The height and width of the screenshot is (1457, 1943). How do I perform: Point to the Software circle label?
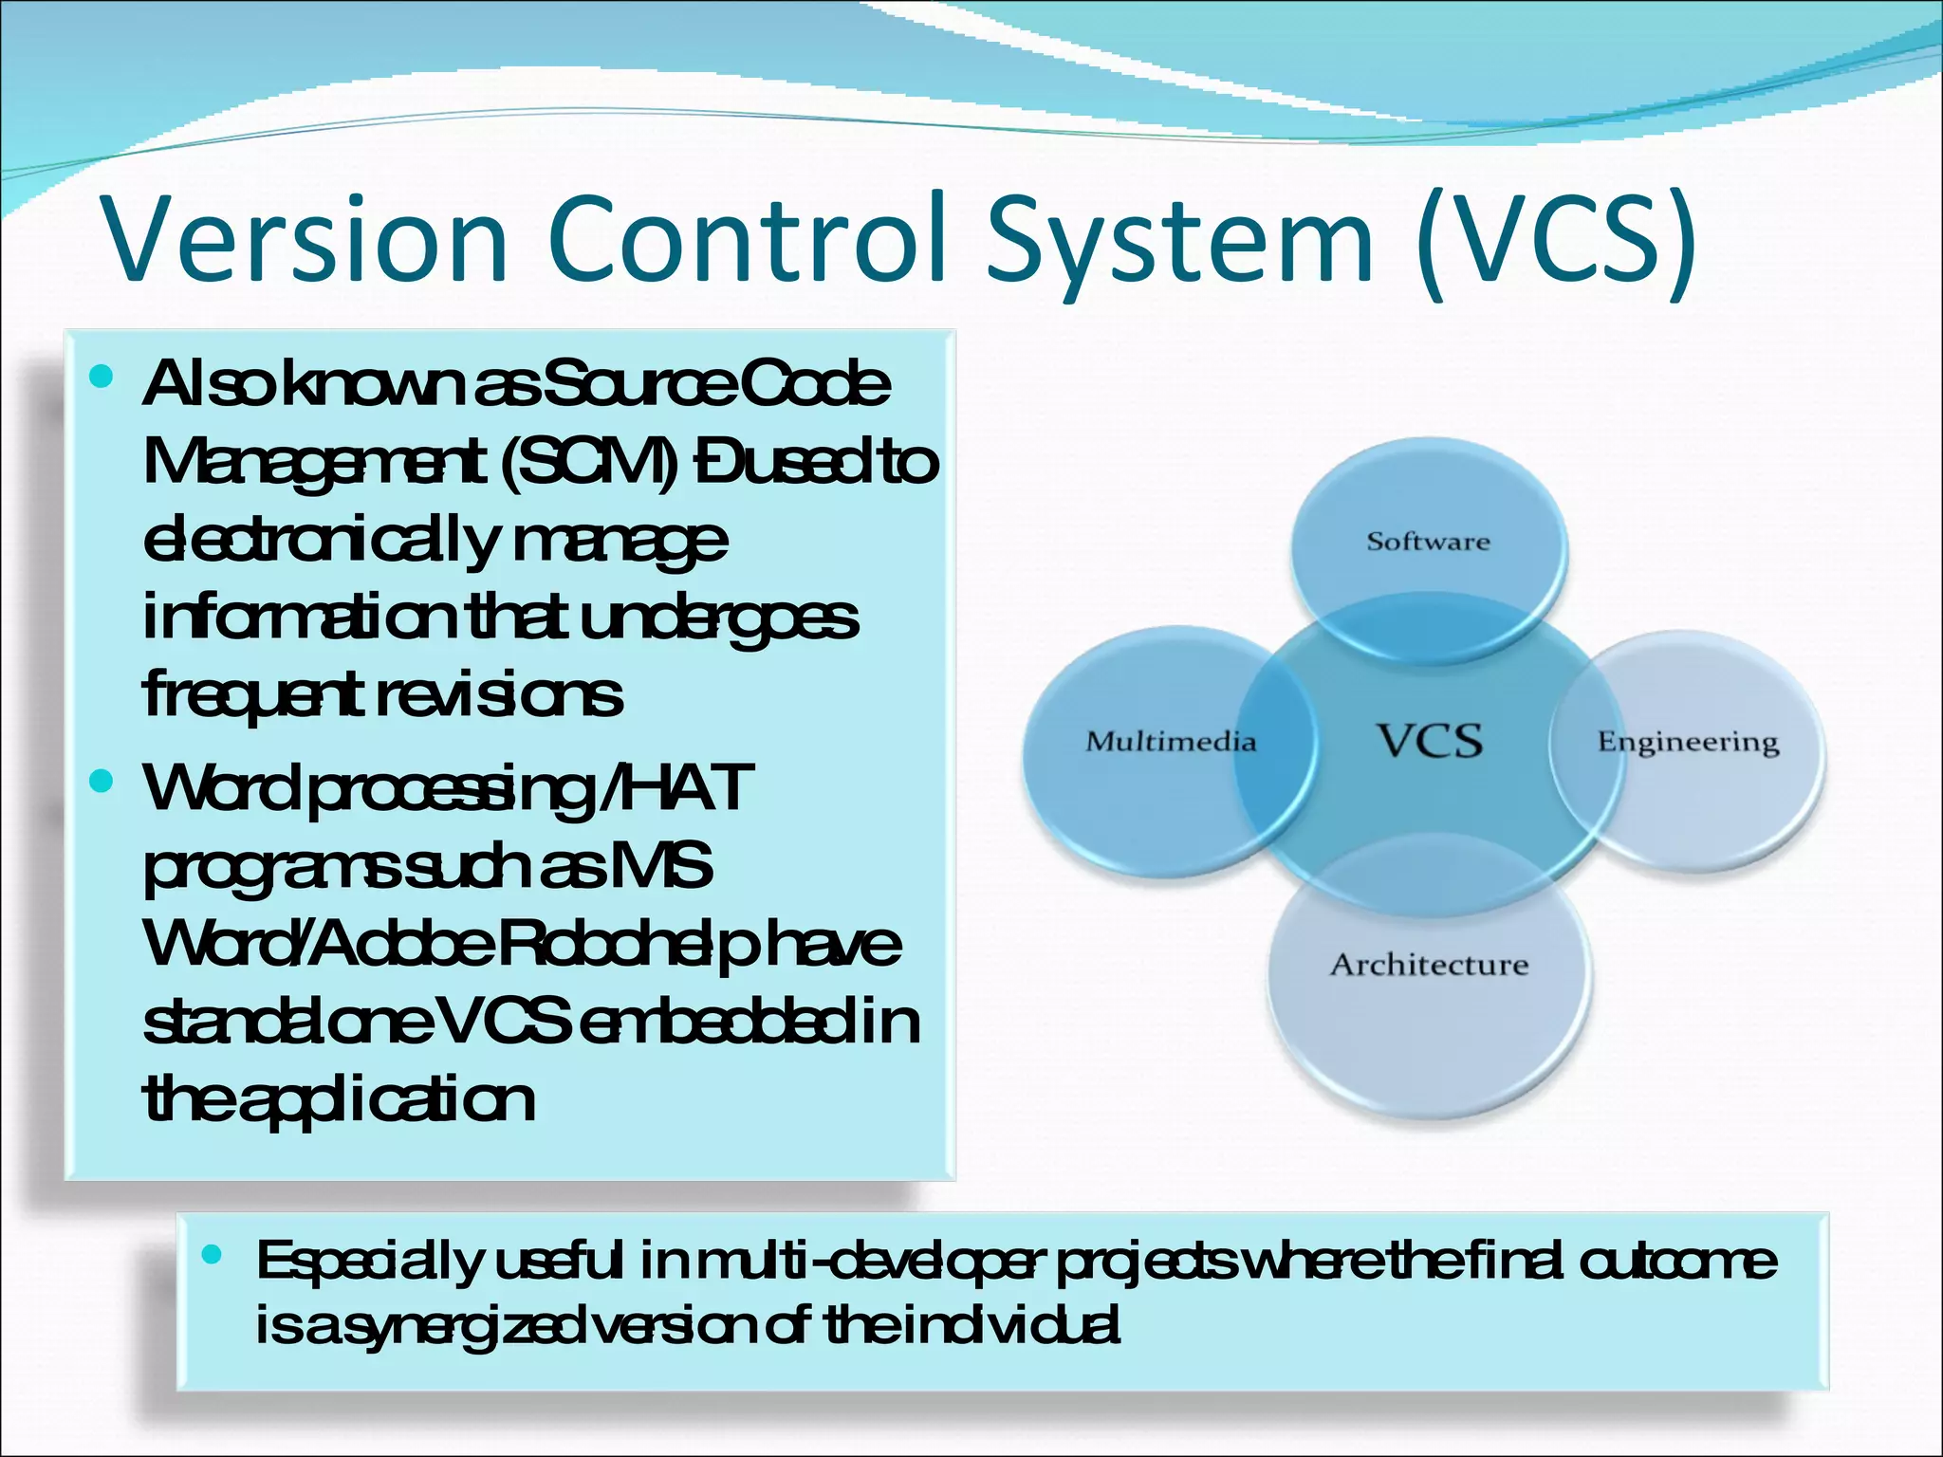pyautogui.click(x=1428, y=542)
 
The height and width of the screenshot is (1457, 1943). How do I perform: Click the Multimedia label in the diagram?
pyautogui.click(x=1171, y=741)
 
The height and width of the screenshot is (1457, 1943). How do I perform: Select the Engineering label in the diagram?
pyautogui.click(x=1688, y=742)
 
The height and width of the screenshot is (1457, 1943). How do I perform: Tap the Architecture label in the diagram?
pyautogui.click(x=1429, y=965)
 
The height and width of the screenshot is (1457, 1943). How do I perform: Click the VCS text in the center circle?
pyautogui.click(x=1430, y=741)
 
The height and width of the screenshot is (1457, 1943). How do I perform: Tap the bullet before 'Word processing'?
pyautogui.click(x=101, y=782)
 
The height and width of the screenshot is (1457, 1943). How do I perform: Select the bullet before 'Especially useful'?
pyautogui.click(x=212, y=1255)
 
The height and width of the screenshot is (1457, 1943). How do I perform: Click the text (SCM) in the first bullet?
pyautogui.click(x=588, y=463)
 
